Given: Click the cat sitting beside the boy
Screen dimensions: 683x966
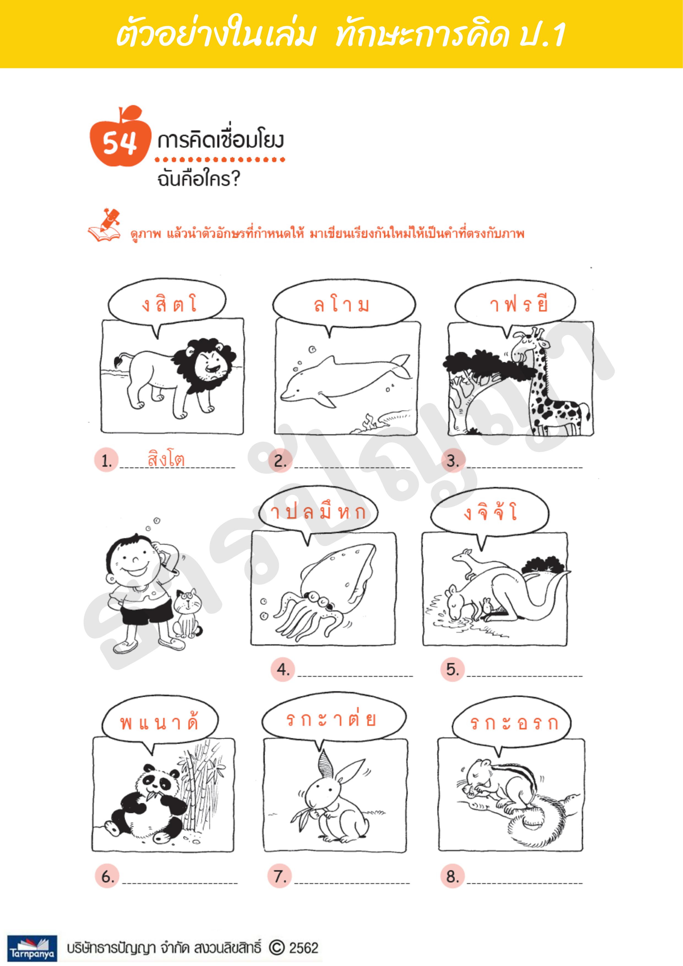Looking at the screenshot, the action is click(187, 614).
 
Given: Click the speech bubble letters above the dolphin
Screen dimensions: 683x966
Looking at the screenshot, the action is click(341, 304).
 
